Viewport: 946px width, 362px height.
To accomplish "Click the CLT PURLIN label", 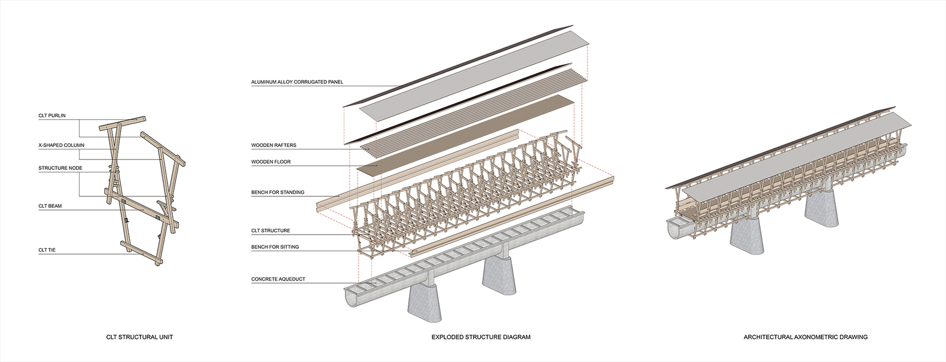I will (52, 115).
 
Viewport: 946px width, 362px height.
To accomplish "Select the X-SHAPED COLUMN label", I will (62, 145).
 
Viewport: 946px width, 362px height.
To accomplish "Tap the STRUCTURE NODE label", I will (60, 168).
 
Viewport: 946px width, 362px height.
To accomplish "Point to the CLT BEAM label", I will (50, 206).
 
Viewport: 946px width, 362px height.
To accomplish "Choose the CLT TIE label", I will (47, 250).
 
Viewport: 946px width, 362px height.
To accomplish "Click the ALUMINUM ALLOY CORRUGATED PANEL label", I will (297, 82).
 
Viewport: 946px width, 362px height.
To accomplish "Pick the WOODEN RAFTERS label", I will (273, 145).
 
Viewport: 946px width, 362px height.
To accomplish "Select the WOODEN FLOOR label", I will (271, 162).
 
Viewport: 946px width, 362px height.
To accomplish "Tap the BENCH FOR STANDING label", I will (277, 193).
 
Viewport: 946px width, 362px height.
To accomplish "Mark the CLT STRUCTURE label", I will (270, 231).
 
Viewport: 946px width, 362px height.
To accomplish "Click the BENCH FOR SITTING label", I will (275, 247).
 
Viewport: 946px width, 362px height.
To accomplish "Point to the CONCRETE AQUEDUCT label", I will (278, 279).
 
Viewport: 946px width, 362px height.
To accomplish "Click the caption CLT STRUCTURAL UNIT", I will (139, 337).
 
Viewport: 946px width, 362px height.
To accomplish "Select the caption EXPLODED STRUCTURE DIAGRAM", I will (481, 337).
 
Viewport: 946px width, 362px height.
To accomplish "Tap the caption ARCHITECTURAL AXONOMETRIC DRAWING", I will (805, 337).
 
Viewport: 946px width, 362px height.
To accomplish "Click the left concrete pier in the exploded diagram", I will (426, 299).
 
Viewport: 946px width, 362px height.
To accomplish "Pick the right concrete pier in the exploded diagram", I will (501, 276).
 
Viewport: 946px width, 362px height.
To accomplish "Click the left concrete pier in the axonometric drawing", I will (747, 236).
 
